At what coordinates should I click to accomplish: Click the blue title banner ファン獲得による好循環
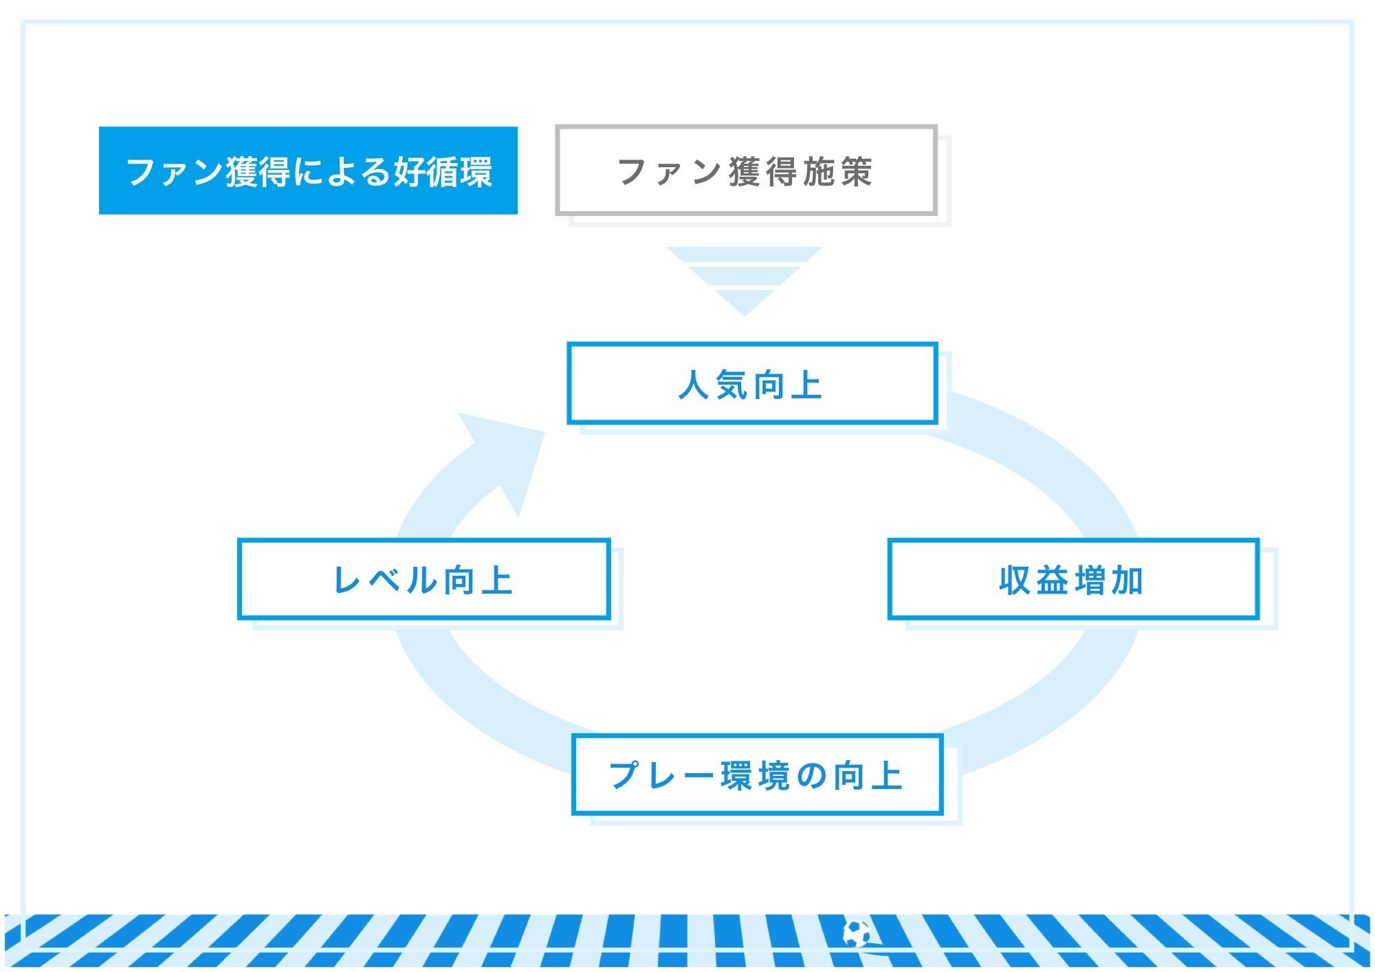point(308,171)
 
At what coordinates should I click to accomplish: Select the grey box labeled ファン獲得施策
point(746,170)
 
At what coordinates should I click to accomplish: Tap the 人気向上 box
point(752,383)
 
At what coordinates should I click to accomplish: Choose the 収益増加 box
point(1073,579)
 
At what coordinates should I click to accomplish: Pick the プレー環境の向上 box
point(757,775)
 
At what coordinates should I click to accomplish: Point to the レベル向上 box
point(423,579)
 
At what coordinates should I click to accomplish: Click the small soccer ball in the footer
point(856,933)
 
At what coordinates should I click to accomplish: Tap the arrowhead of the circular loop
point(505,454)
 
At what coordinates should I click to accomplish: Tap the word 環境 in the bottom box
point(756,776)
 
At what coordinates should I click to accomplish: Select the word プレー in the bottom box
point(661,776)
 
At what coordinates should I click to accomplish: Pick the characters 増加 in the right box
point(1109,580)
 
